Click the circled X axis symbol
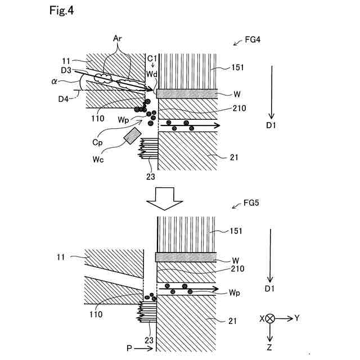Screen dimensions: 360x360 tap(270, 318)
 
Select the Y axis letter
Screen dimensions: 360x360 tap(297, 318)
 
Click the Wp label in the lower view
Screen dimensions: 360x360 tap(235, 292)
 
